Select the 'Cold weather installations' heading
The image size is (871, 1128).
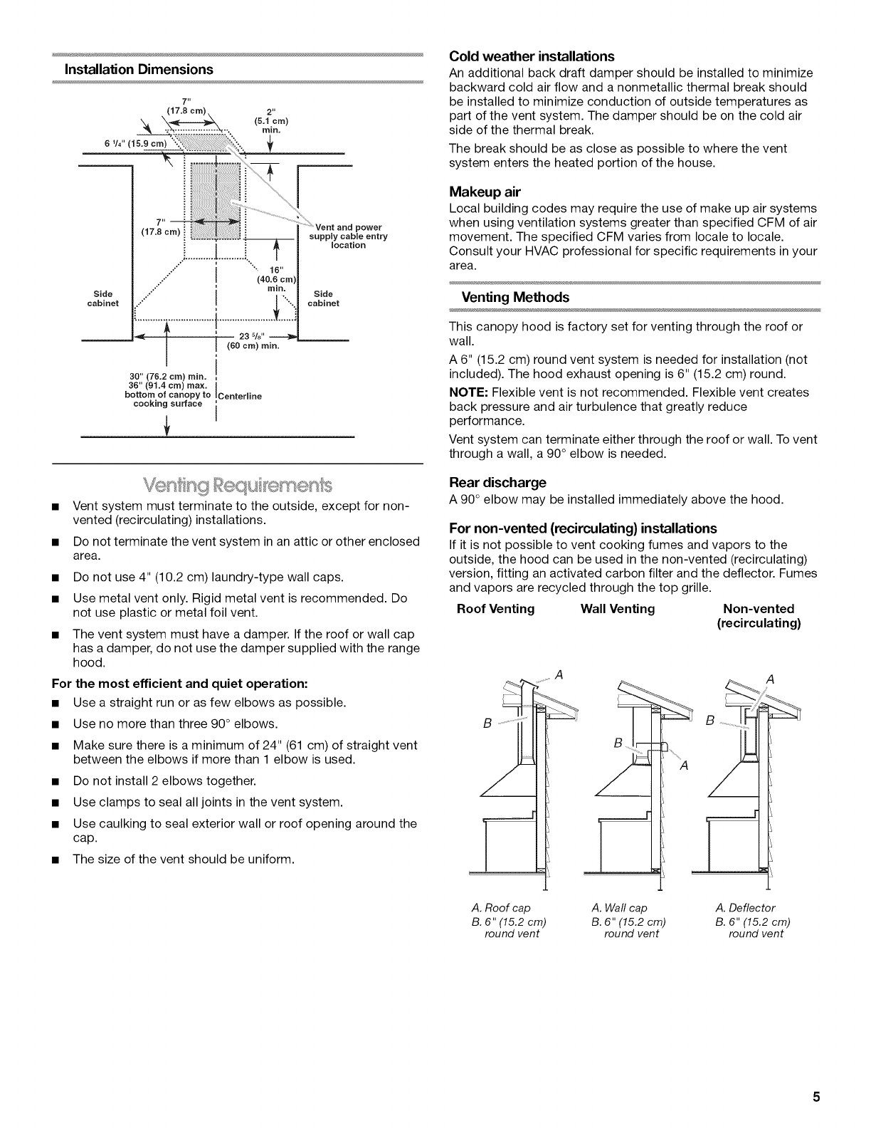[532, 56]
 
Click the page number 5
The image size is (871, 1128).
[818, 1096]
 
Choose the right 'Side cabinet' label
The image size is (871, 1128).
[323, 298]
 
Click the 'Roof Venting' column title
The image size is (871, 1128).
[495, 609]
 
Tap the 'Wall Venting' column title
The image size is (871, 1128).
[618, 609]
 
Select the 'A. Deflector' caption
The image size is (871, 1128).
[745, 907]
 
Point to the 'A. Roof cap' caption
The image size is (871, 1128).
[501, 907]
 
